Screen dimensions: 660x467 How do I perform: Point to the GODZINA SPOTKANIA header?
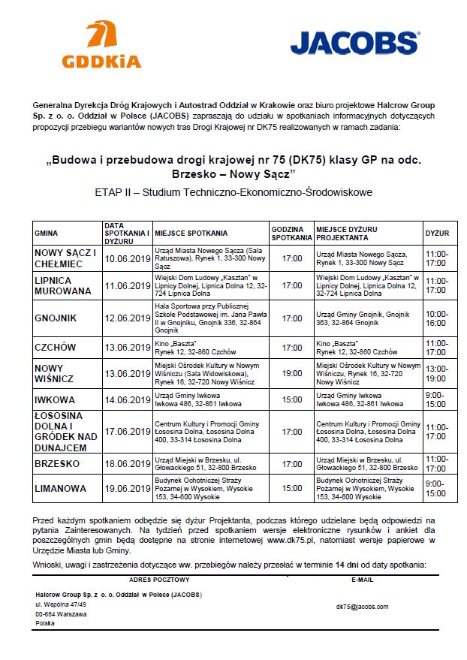[x=291, y=234]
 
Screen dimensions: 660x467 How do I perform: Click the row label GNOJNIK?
[x=56, y=318]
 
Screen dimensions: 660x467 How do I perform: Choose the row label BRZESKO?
[x=57, y=464]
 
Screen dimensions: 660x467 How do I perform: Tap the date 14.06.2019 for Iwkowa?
[x=128, y=399]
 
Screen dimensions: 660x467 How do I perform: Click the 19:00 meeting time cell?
[x=291, y=373]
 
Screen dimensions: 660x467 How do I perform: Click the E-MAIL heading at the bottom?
[x=362, y=580]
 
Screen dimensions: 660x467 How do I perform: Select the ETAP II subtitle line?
[x=234, y=192]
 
